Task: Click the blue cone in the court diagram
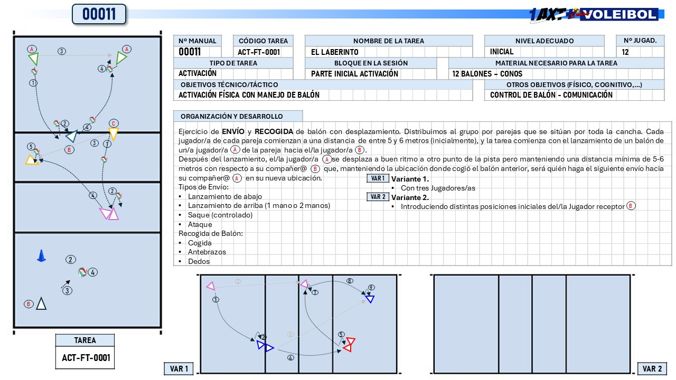41,256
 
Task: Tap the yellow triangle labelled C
113,134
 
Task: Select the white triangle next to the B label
41,303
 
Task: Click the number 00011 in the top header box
99,14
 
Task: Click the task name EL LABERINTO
335,52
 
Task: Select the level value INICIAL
502,52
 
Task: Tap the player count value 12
625,52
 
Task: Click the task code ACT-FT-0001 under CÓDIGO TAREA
259,52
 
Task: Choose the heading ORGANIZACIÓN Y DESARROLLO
231,117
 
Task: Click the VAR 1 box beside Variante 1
378,178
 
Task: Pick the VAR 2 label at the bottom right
652,369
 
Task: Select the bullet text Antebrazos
206,252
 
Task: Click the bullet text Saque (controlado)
220,215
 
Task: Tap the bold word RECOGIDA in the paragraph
274,131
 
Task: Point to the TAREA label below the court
85,340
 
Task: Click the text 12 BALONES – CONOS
487,74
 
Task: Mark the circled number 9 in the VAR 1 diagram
371,288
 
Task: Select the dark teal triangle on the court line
72,136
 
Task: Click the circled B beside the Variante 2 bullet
631,206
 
